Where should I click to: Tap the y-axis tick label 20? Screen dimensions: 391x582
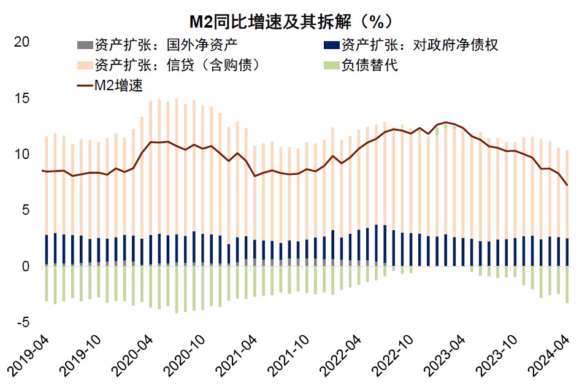tap(21, 42)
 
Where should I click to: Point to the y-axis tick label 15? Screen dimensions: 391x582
tap(21, 99)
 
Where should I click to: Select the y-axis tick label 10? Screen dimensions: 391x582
tap(21, 155)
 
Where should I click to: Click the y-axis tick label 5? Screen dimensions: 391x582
tap(25, 211)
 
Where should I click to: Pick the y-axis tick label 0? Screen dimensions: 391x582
tap(25, 266)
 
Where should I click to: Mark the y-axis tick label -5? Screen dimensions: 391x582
tap(23, 322)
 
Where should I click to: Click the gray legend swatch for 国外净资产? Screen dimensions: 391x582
tap(83, 45)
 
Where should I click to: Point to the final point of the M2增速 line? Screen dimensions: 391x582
tap(567, 185)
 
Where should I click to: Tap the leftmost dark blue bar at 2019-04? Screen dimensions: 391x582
tap(46, 250)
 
